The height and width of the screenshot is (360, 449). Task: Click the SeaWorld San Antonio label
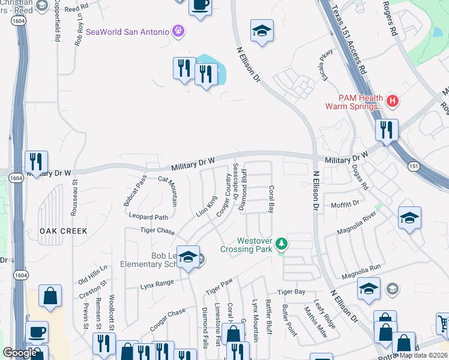pyautogui.click(x=127, y=32)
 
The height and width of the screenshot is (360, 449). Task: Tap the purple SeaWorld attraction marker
pyautogui.click(x=178, y=31)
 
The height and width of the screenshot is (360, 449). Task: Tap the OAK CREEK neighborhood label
pyautogui.click(x=64, y=231)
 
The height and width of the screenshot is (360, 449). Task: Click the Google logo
pyautogui.click(x=20, y=353)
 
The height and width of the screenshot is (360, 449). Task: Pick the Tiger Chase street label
pyautogui.click(x=157, y=231)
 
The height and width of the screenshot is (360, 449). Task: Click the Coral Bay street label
pyautogui.click(x=271, y=199)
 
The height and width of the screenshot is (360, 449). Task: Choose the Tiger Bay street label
pyautogui.click(x=291, y=292)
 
